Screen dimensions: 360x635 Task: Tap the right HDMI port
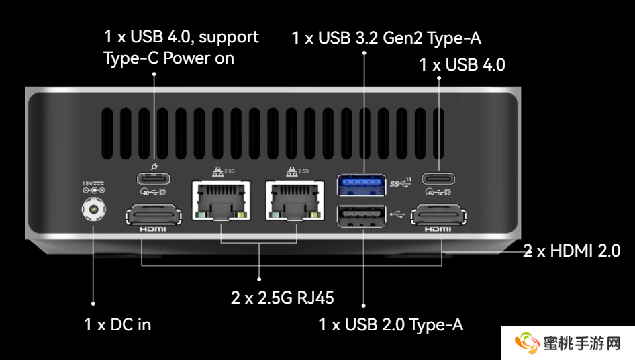click(x=438, y=216)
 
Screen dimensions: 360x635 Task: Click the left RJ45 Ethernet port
click(x=221, y=199)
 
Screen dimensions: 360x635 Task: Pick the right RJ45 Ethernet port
click(x=295, y=199)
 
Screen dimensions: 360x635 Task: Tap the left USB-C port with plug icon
click(x=154, y=179)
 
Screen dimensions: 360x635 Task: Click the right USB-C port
click(x=438, y=179)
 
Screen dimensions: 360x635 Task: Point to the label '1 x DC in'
click(x=117, y=325)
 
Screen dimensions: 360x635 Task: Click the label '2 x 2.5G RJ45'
click(x=283, y=298)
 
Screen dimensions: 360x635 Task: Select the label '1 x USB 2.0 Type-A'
click(x=391, y=325)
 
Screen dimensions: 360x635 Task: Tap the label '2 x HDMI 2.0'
click(x=571, y=251)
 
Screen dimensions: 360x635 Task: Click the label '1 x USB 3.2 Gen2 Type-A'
click(x=386, y=38)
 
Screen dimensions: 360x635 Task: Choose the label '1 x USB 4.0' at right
click(x=462, y=65)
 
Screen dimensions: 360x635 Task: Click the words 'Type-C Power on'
click(x=168, y=58)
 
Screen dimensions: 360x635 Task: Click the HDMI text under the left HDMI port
click(x=153, y=230)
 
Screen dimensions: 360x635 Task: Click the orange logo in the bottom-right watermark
click(x=528, y=343)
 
